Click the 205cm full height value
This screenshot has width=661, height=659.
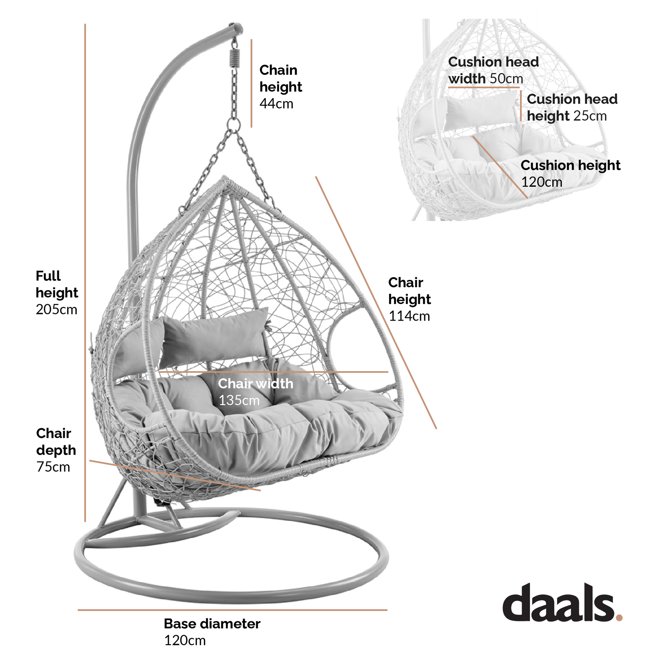(57, 310)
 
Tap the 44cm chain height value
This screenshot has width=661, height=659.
(276, 104)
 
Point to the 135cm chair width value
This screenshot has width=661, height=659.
(239, 400)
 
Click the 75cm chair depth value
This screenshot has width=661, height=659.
(53, 467)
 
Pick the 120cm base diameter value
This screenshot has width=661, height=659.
(185, 640)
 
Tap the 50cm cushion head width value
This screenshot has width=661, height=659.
(506, 79)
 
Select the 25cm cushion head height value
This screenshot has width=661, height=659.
(590, 116)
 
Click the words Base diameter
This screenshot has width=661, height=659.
(212, 624)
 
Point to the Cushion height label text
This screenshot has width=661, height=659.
(570, 166)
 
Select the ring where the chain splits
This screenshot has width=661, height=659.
(233, 125)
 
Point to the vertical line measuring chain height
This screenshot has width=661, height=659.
(252, 84)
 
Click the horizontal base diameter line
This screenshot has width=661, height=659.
(232, 610)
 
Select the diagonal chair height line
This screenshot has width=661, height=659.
(376, 302)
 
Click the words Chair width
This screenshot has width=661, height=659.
(255, 384)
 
